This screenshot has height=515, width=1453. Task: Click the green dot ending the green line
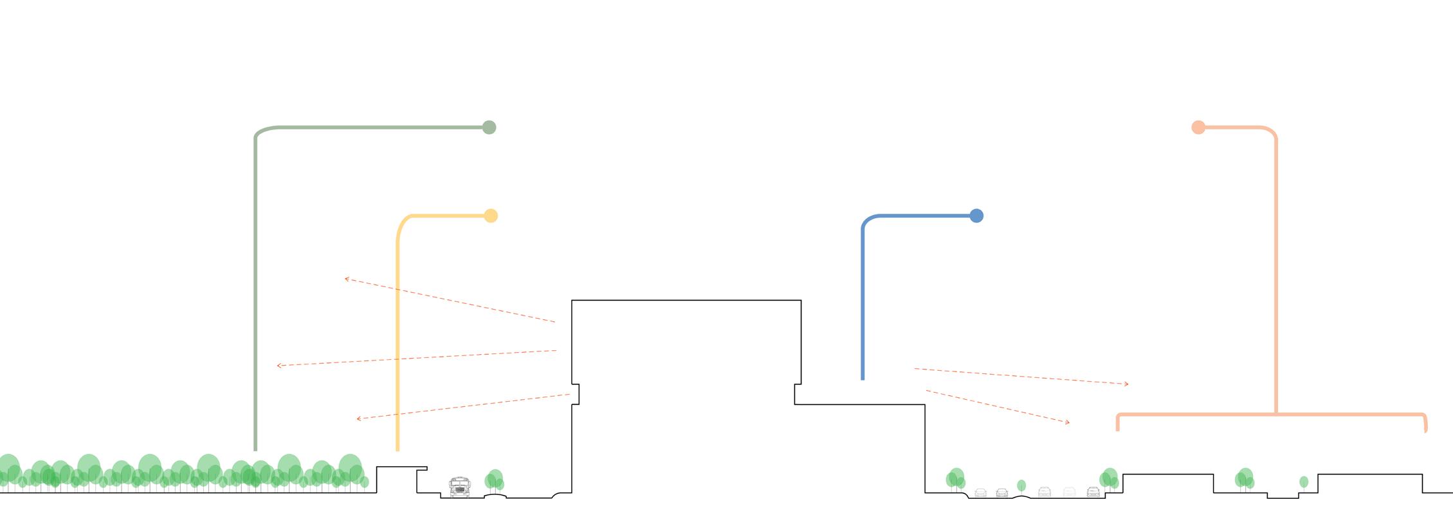tap(489, 127)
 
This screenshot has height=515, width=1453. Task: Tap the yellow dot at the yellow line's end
tap(491, 216)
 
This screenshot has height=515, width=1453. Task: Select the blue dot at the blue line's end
tap(976, 216)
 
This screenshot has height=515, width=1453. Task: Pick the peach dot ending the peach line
tap(1198, 127)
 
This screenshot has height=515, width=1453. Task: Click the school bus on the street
tap(459, 487)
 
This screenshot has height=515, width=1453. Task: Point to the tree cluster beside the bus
tap(494, 480)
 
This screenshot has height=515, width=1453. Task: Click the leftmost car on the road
tap(981, 492)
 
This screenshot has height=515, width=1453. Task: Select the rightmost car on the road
tap(1093, 492)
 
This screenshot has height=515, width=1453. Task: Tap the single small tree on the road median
tap(1021, 485)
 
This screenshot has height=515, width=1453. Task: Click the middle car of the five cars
tap(1045, 492)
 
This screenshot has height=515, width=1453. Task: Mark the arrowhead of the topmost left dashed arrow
tap(346, 279)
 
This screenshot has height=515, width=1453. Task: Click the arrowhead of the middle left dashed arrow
tap(279, 366)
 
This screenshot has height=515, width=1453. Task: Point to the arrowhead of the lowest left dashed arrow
tap(358, 419)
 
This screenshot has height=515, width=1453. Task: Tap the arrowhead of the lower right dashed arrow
tap(1068, 422)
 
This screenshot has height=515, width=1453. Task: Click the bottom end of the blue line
tap(863, 379)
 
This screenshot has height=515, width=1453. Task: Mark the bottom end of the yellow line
tap(398, 449)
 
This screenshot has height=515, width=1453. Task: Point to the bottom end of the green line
tap(255, 449)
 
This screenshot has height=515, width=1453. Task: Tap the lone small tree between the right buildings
tap(1304, 482)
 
